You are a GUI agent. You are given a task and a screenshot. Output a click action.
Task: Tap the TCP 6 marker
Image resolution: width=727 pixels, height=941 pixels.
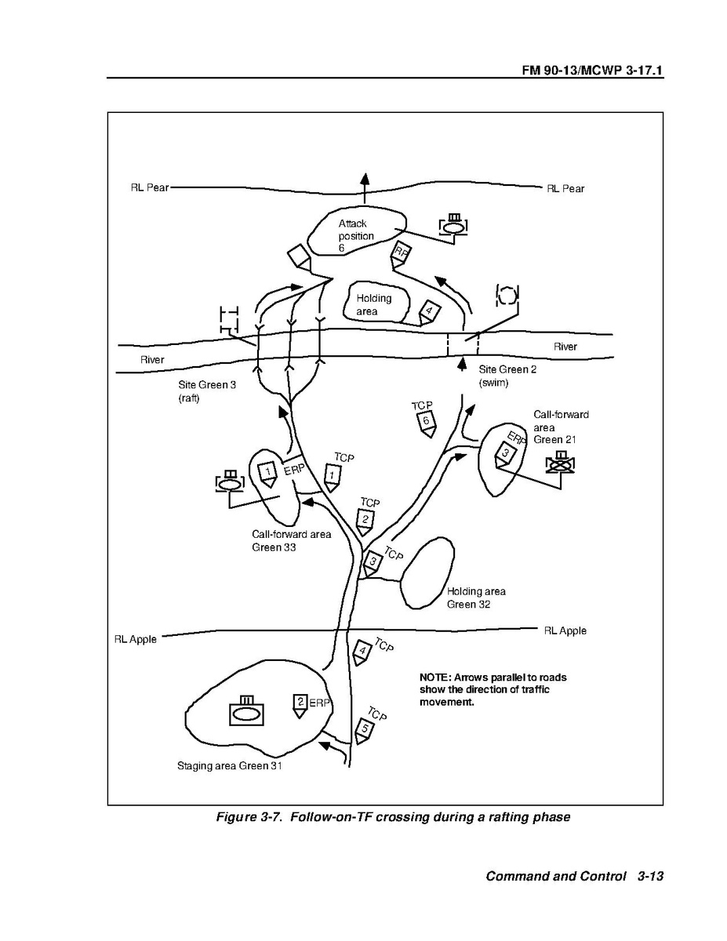427,423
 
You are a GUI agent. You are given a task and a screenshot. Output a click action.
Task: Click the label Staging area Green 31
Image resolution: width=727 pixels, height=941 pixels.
230,765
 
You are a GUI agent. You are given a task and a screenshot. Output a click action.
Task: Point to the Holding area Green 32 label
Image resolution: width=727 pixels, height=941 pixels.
476,598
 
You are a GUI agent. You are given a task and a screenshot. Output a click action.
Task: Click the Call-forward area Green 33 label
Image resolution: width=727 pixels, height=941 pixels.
292,540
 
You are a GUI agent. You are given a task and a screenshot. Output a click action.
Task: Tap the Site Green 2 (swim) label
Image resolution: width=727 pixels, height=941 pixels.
507,376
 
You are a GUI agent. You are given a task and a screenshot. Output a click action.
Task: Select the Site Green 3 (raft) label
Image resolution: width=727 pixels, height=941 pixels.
207,391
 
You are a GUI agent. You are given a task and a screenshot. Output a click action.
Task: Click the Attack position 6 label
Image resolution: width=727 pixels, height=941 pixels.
355,235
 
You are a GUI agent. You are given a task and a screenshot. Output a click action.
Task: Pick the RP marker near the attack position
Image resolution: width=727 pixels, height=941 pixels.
400,256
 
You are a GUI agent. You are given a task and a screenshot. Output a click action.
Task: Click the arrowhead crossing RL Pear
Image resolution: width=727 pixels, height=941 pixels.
365,179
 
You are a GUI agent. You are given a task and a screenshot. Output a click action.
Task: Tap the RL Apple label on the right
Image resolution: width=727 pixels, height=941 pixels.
565,630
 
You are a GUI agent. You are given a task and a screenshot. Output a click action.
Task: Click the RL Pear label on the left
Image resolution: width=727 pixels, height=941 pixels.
149,187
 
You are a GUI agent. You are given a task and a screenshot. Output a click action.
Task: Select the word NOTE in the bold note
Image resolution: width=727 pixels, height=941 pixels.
435,678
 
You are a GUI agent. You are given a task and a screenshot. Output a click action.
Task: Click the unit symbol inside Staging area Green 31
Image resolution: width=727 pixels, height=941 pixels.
246,710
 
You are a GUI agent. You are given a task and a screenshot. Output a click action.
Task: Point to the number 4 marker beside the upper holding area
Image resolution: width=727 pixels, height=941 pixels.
429,312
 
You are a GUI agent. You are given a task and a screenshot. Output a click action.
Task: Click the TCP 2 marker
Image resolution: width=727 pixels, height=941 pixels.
365,521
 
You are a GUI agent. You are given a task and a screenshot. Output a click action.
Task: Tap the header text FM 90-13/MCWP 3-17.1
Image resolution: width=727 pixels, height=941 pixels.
592,70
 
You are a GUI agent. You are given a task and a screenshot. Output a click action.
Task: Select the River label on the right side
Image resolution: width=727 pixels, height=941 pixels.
565,347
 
